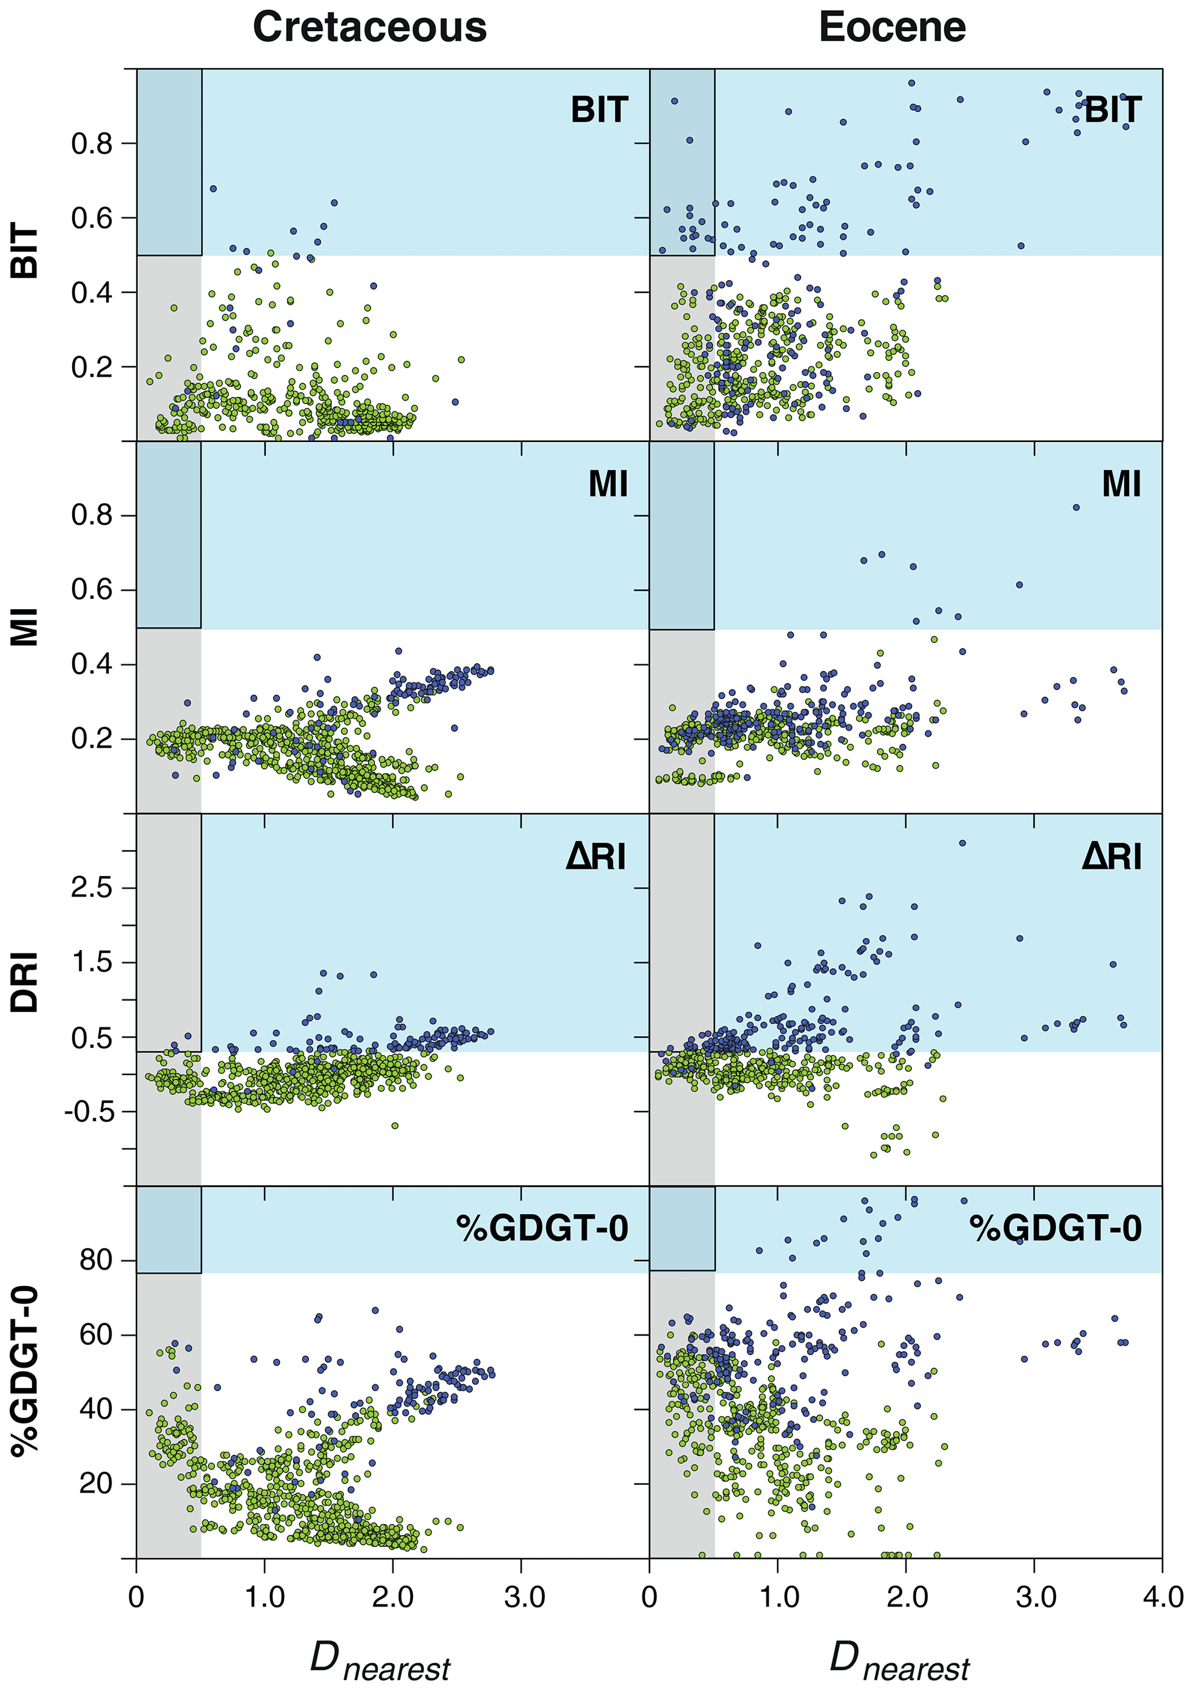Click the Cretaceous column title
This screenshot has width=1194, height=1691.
(x=370, y=28)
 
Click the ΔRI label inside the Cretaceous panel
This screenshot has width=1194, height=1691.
(x=596, y=856)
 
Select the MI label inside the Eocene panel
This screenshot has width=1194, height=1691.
(x=1121, y=485)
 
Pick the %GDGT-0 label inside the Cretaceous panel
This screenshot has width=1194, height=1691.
(x=542, y=1229)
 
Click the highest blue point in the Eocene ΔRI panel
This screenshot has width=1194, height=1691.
(x=962, y=843)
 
